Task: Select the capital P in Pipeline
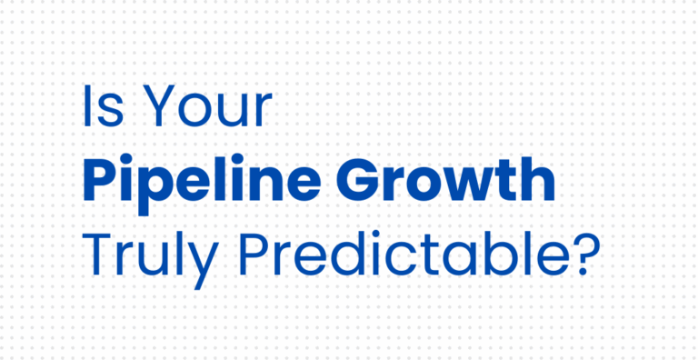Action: click(103, 181)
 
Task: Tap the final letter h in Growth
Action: click(536, 181)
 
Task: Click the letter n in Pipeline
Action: click(277, 185)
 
